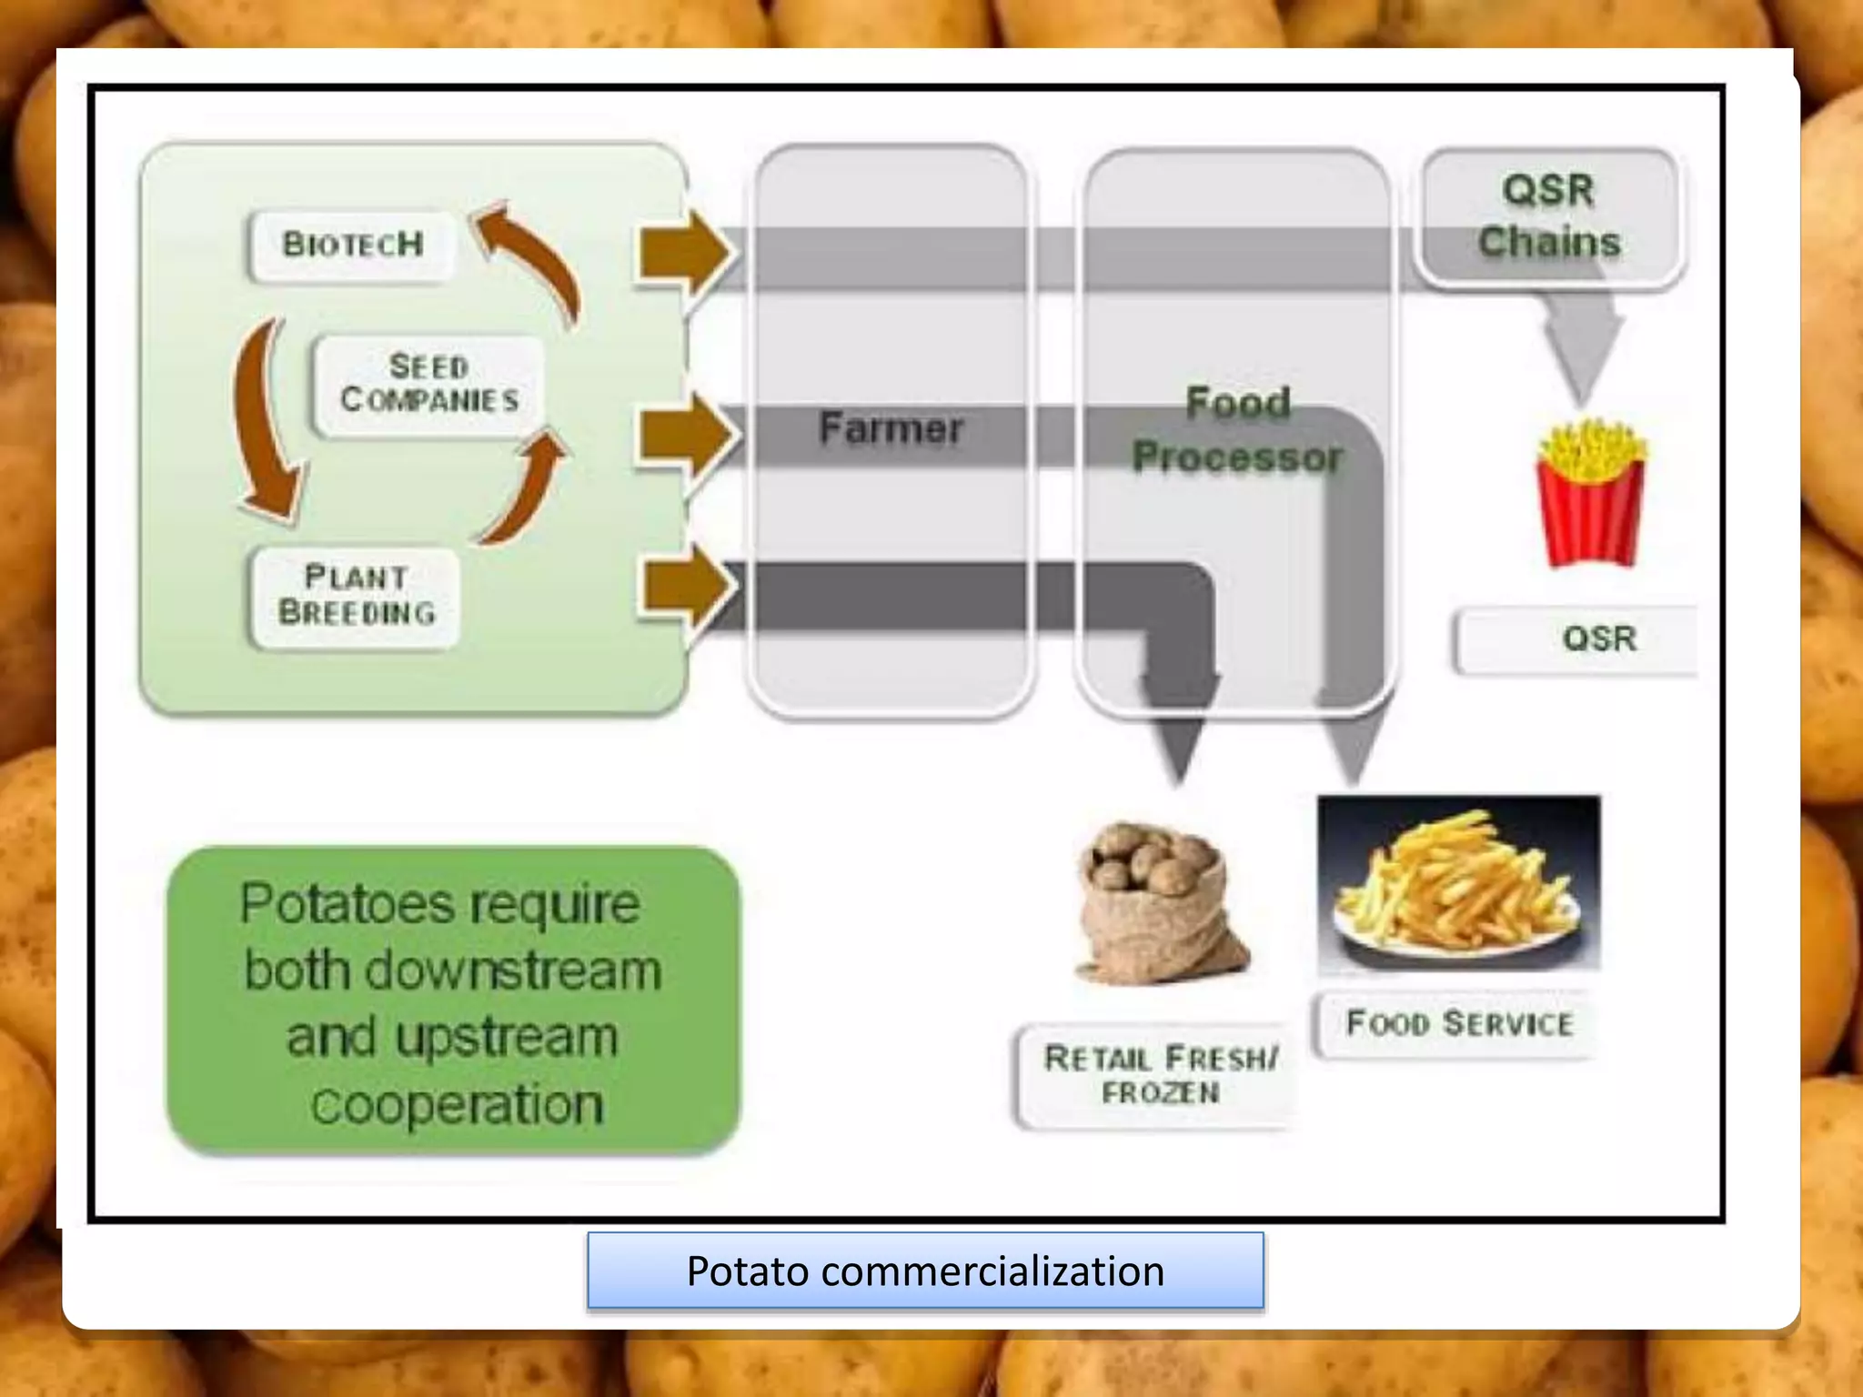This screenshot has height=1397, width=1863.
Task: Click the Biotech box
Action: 352,245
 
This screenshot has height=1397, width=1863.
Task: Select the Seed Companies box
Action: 429,385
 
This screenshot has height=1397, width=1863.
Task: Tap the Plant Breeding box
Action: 356,596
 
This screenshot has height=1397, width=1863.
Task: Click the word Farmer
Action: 891,427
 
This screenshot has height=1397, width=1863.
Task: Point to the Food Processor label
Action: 1237,430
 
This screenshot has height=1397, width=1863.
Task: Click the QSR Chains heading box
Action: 1549,216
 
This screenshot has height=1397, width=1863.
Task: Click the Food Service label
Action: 1459,1024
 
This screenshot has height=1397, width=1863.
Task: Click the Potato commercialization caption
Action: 925,1271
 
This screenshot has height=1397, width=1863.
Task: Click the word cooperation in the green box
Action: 457,1104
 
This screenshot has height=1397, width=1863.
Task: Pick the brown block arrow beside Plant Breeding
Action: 684,585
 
